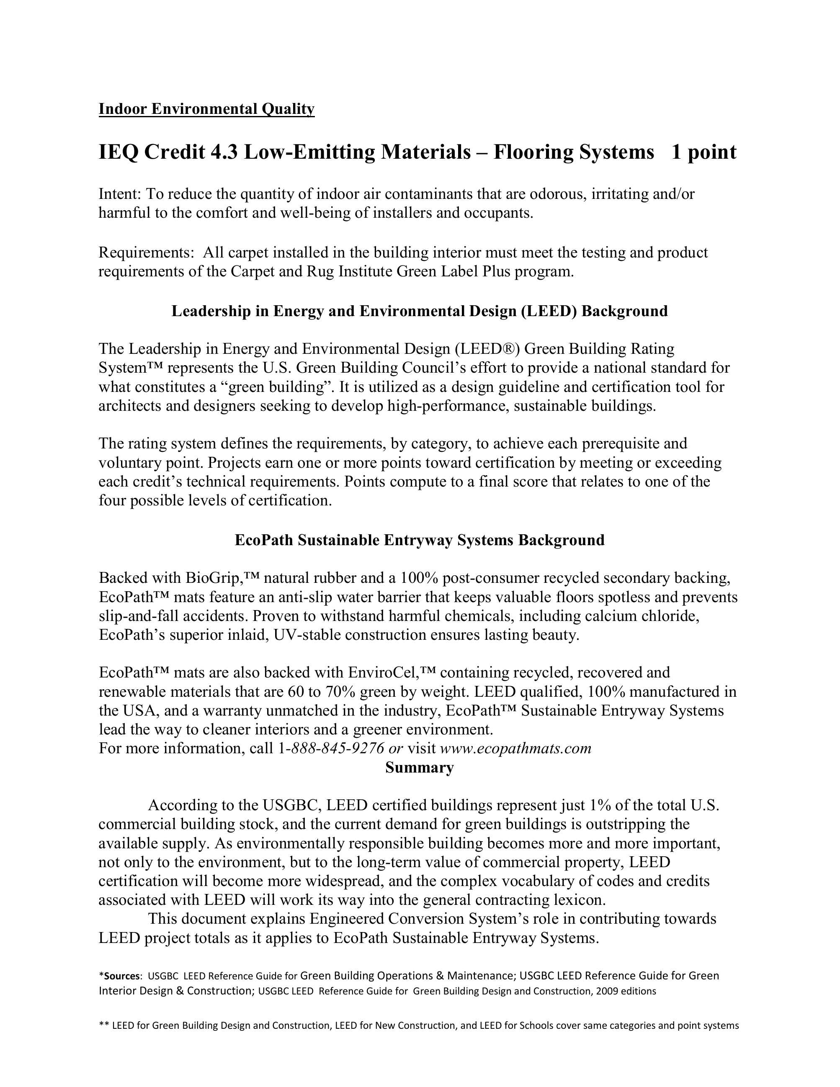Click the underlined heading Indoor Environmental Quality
pyautogui.click(x=206, y=108)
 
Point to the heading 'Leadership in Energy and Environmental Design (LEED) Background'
pyautogui.click(x=420, y=311)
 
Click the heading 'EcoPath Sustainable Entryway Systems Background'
pyautogui.click(x=420, y=540)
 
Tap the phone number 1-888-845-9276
pyautogui.click(x=330, y=748)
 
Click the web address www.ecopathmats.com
pyautogui.click(x=515, y=748)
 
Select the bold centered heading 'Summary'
pyautogui.click(x=420, y=768)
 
